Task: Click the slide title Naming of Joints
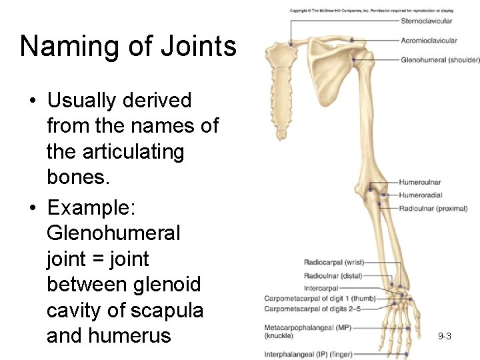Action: [128, 47]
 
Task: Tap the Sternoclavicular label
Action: [426, 21]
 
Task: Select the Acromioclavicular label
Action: [429, 41]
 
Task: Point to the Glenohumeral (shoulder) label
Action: [440, 60]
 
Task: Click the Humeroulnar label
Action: [419, 182]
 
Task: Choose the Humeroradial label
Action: [420, 195]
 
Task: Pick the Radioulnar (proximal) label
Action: [433, 209]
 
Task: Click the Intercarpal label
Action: [321, 289]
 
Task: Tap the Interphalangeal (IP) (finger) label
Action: [308, 354]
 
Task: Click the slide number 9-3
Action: [445, 336]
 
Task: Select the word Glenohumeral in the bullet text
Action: [113, 233]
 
